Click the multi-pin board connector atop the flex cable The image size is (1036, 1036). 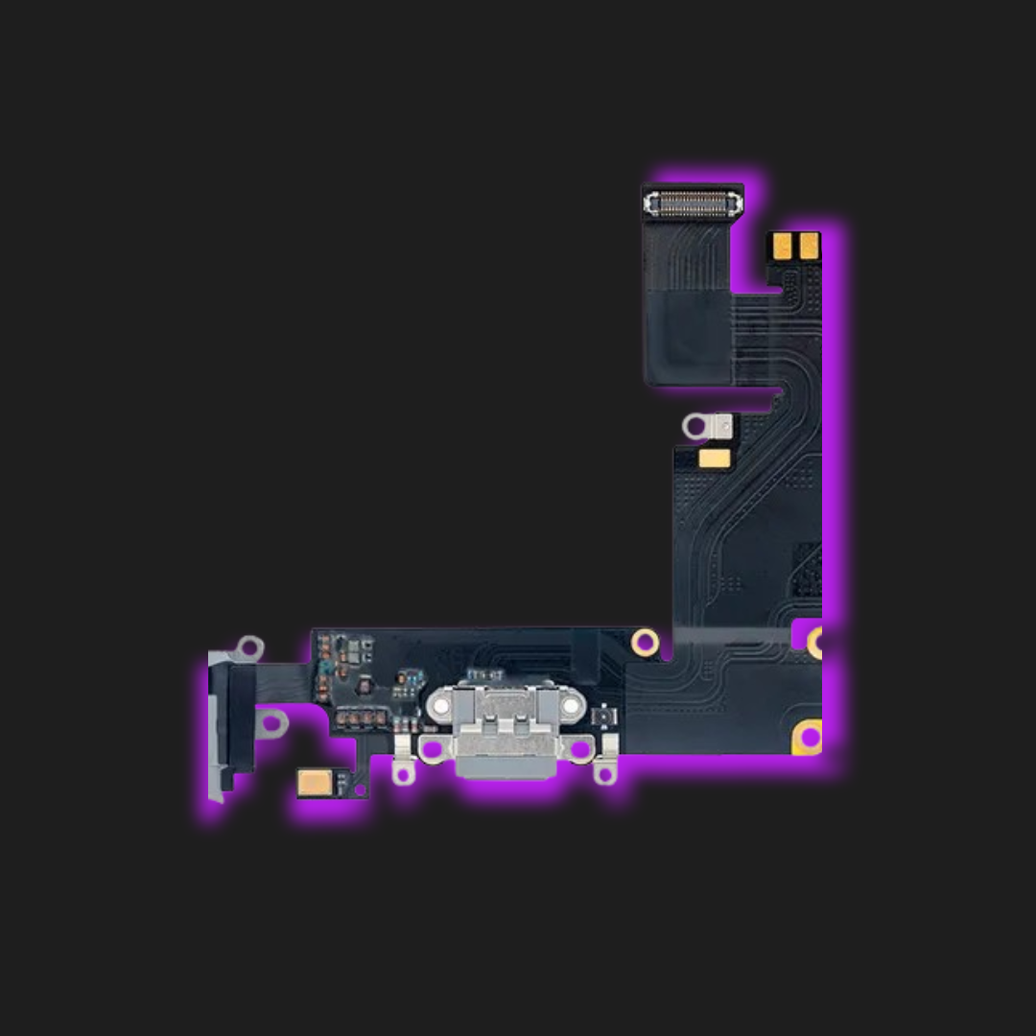pos(694,202)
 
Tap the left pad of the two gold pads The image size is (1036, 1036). pos(781,247)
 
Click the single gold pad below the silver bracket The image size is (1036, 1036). pos(714,459)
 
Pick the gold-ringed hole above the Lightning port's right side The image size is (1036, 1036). pos(646,641)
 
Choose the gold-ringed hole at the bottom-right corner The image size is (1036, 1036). pos(808,737)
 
